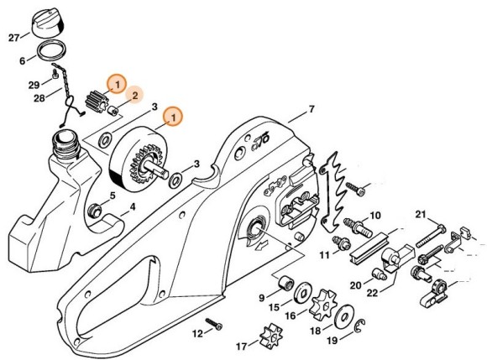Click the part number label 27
point(13,38)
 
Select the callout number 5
point(108,196)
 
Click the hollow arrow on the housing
point(263,248)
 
